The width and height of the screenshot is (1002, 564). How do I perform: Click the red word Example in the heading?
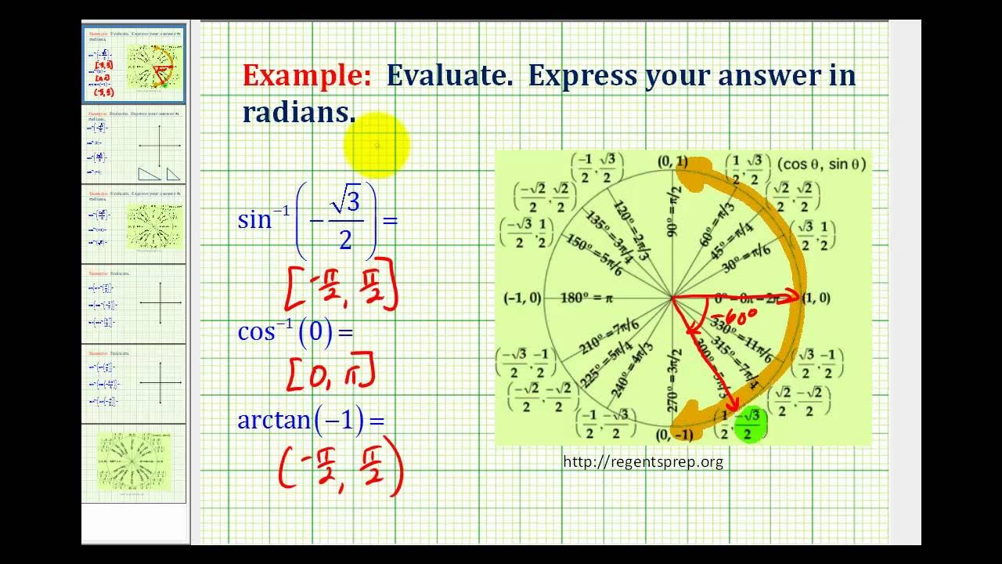(x=306, y=75)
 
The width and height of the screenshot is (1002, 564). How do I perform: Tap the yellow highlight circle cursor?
(x=377, y=145)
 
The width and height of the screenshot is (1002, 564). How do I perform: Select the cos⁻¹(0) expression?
(x=295, y=332)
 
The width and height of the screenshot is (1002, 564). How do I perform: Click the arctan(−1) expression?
(x=311, y=421)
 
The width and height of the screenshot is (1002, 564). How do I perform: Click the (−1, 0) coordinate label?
(x=519, y=298)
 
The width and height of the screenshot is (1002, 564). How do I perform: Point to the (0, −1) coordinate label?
(x=674, y=435)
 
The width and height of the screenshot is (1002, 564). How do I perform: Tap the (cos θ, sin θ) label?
(x=822, y=164)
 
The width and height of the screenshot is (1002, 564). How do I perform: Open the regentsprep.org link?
(x=643, y=461)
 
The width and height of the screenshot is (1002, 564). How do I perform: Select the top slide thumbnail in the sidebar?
(x=134, y=63)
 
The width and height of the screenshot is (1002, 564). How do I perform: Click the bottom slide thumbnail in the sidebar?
(x=134, y=463)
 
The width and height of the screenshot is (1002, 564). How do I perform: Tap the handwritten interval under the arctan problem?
(x=341, y=468)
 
